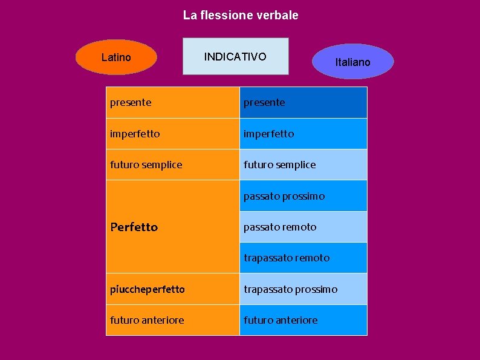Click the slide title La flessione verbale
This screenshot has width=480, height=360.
[x=241, y=15]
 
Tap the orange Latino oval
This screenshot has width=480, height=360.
[x=116, y=57]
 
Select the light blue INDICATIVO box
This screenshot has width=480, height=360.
[x=235, y=57]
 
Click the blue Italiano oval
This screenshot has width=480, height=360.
[x=353, y=62]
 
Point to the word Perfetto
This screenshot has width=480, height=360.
[x=134, y=227]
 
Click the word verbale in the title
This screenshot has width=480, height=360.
[x=277, y=15]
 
